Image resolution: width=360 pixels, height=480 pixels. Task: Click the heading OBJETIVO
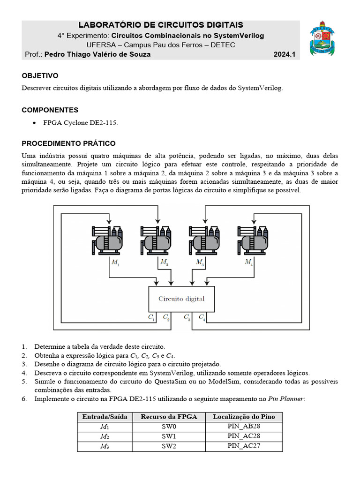[x=40, y=75]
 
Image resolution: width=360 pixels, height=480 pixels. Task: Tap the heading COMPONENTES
[x=50, y=110]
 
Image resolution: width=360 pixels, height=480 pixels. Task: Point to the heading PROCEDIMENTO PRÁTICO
[x=68, y=143]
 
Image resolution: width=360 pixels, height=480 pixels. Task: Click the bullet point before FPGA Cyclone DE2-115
[x=34, y=123]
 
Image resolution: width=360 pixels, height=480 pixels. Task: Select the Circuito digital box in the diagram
[x=181, y=299]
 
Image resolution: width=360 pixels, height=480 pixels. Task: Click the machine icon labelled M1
[x=107, y=240]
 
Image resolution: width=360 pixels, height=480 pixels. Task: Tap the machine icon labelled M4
[x=253, y=240]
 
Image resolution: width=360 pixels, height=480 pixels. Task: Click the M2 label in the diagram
[x=164, y=262]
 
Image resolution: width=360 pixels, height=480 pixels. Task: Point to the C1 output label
[x=151, y=318]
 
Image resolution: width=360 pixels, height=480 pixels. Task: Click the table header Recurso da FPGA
[x=169, y=417]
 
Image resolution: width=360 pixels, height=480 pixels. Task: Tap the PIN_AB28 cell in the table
[x=243, y=427]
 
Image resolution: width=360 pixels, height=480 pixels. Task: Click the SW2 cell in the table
[x=169, y=446]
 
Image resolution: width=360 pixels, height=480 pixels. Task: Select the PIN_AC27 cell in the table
[x=243, y=446]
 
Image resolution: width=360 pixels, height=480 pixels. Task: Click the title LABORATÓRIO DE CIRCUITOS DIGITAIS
[x=160, y=25]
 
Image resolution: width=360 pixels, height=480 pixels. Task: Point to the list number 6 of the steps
[x=24, y=399]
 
